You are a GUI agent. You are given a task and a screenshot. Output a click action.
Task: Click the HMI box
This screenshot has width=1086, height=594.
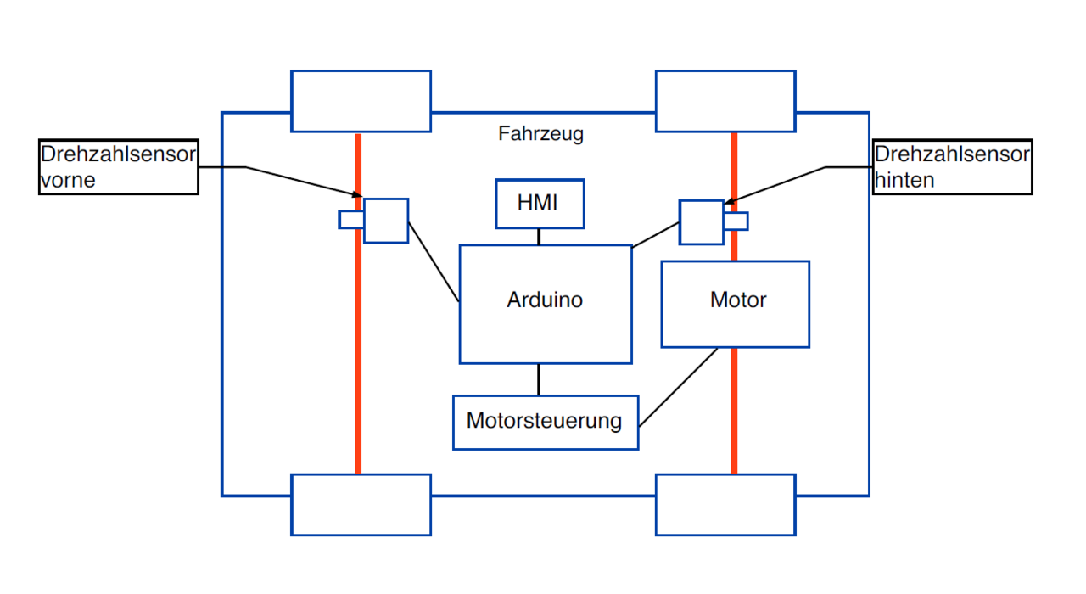point(540,204)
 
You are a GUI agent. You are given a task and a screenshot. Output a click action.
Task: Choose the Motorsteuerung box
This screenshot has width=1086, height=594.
point(545,422)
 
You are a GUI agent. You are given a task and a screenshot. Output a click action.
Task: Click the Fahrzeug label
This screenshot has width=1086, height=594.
point(540,134)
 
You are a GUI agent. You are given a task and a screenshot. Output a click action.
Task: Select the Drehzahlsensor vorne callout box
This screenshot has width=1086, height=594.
point(119,167)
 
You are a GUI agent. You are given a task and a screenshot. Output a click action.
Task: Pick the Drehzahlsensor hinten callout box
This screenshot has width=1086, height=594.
point(952,167)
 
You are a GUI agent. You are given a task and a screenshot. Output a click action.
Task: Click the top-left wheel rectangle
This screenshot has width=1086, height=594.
point(361,101)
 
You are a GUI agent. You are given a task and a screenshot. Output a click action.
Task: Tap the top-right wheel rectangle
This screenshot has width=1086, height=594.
point(725,101)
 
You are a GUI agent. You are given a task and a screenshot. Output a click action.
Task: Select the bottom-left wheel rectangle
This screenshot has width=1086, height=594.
point(361,504)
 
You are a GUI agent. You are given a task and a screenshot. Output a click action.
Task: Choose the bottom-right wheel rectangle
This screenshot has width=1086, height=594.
point(725,504)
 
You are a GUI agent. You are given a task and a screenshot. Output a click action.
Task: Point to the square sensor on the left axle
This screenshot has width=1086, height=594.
point(386,221)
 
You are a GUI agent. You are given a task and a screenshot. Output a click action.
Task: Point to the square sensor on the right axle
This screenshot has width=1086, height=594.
point(702,222)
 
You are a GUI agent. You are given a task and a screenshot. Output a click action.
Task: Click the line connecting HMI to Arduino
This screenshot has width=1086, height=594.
point(539,237)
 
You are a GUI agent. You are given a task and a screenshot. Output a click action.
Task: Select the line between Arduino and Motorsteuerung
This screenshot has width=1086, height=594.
point(539,379)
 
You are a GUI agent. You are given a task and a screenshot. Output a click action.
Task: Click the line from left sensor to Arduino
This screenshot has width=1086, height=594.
point(434,261)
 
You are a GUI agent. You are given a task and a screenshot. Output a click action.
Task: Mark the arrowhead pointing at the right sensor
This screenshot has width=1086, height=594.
point(730,202)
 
